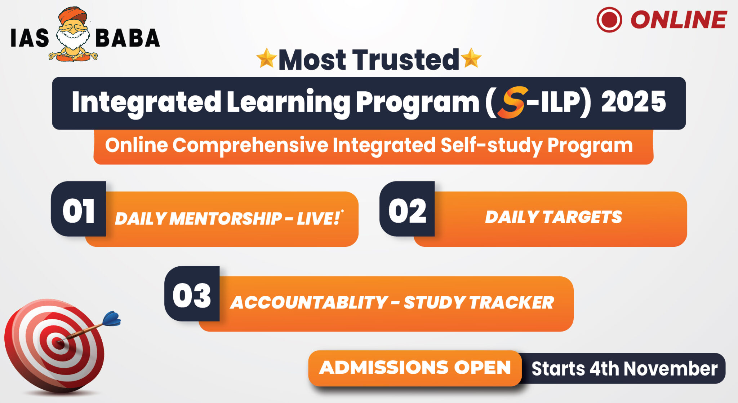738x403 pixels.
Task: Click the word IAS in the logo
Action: (30, 38)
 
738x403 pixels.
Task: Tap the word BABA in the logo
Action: (128, 38)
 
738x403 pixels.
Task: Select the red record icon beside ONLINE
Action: (609, 19)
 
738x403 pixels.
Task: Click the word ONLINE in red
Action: (678, 19)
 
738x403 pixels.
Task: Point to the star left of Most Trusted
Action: (266, 58)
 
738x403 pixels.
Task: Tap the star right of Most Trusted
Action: (471, 58)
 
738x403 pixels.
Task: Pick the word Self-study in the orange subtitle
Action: (491, 145)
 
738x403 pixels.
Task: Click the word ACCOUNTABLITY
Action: (309, 302)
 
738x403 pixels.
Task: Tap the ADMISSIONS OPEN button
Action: (415, 368)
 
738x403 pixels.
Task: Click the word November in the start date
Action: (671, 369)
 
